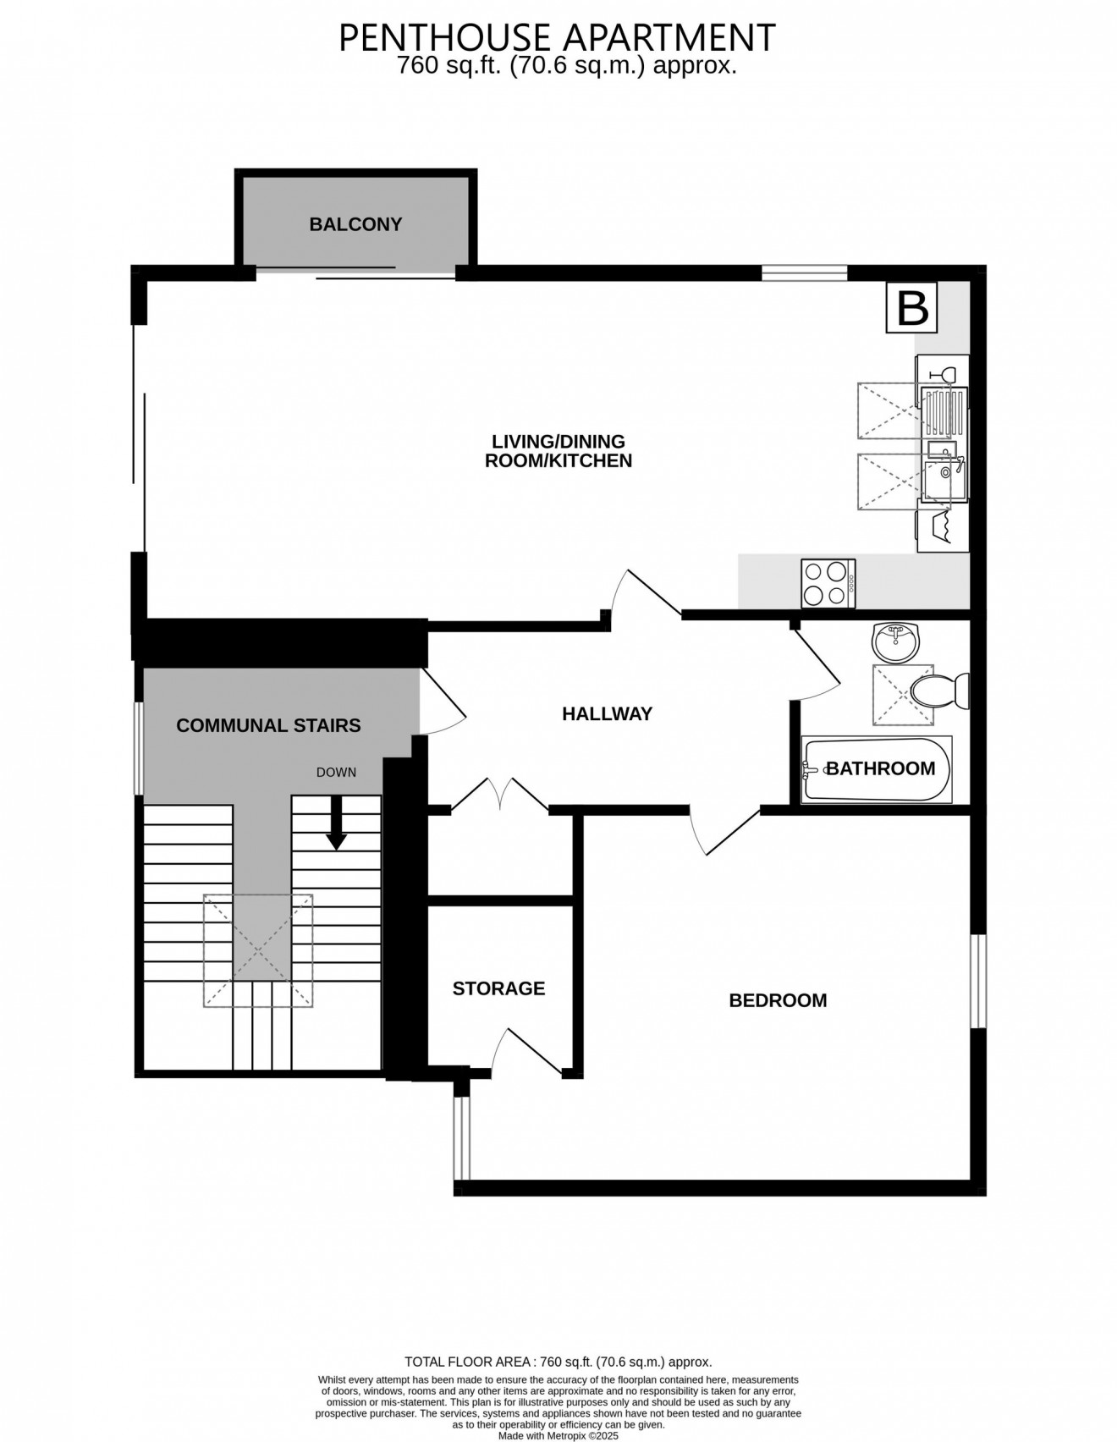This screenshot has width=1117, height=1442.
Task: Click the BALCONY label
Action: tap(355, 224)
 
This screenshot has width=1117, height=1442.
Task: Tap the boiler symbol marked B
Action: tap(911, 307)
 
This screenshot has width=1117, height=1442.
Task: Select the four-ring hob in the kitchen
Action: tap(828, 583)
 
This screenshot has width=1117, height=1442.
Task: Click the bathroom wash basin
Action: tap(894, 643)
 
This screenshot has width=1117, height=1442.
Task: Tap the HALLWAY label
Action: tap(607, 713)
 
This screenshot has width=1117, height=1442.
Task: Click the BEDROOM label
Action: tap(777, 1000)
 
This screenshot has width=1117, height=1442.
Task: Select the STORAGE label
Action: tap(498, 988)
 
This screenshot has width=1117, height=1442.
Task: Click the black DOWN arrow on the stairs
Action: tap(337, 823)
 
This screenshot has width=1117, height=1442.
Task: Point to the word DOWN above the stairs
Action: tap(336, 772)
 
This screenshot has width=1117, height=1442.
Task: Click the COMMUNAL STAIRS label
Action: tap(268, 725)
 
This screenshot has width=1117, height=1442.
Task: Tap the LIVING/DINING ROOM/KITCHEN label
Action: tap(558, 451)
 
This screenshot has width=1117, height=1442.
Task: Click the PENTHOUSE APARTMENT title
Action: tap(557, 37)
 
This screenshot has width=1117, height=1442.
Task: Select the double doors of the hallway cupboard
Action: tap(500, 795)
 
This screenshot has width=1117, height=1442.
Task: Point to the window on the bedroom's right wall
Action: tap(977, 982)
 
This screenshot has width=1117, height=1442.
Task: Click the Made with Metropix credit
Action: tap(558, 1436)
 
